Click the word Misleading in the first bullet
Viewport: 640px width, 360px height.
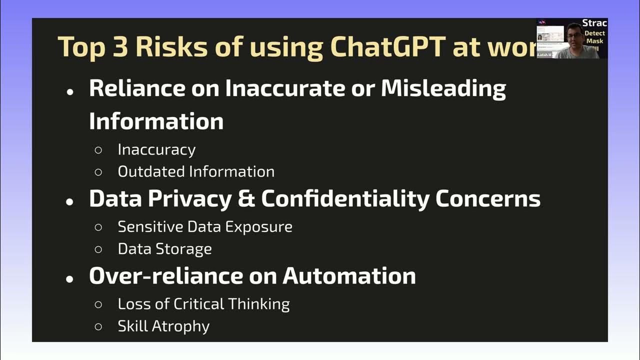tap(443, 88)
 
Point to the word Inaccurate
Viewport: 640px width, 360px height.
tap(284, 88)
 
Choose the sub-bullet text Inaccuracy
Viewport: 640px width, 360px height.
tap(156, 149)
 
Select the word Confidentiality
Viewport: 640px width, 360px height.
tap(345, 198)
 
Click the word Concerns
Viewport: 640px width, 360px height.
tap(488, 198)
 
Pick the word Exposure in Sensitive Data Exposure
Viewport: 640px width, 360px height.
tap(258, 226)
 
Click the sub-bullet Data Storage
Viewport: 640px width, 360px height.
tap(164, 248)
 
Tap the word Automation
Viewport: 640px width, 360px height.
tap(349, 276)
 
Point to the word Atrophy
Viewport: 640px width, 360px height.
tap(180, 326)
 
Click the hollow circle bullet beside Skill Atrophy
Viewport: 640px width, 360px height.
tap(98, 326)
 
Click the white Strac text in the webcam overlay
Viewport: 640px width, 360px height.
tap(594, 23)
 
